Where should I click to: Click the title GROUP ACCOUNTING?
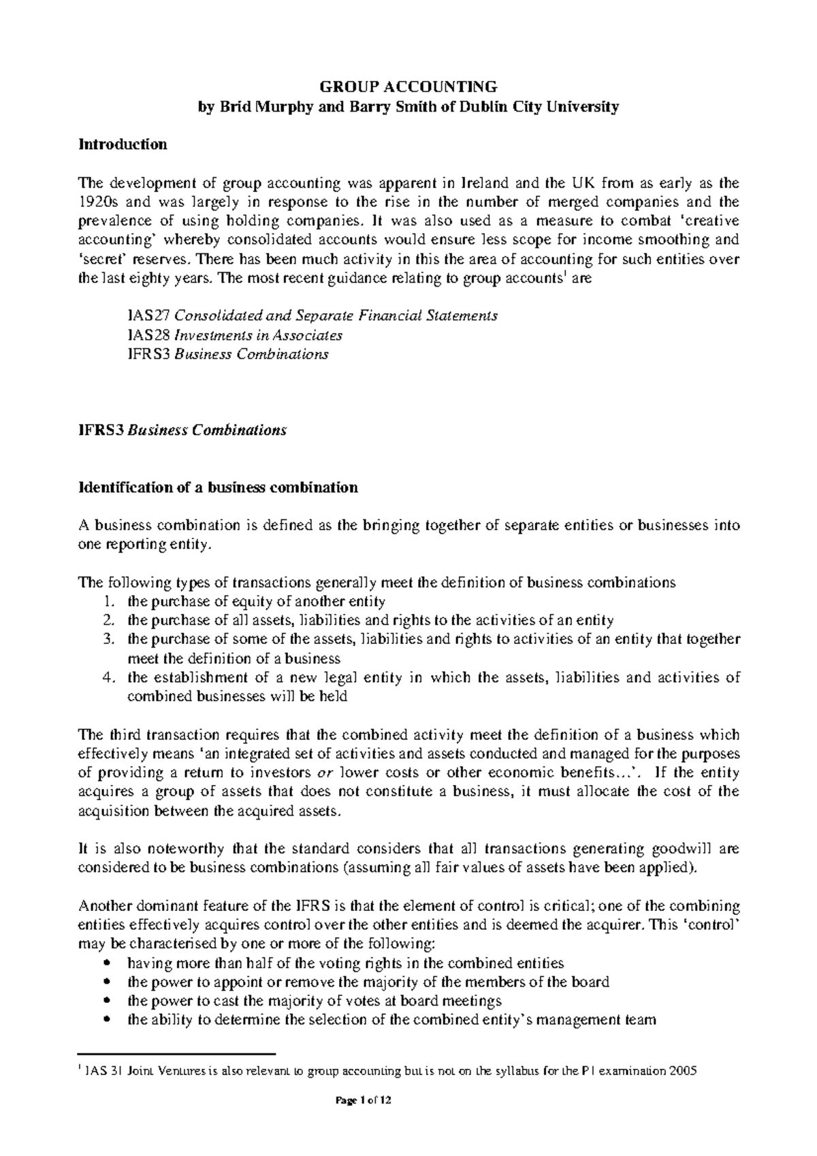click(408, 86)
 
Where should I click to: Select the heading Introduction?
click(123, 144)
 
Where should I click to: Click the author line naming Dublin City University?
click(408, 107)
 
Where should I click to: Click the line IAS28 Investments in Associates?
click(234, 335)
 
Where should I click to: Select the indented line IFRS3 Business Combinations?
click(227, 354)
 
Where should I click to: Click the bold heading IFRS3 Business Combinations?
click(182, 430)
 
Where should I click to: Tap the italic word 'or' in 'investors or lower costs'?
click(325, 773)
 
